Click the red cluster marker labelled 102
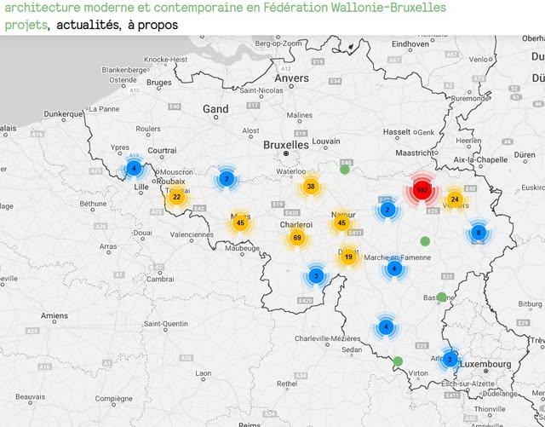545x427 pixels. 422,190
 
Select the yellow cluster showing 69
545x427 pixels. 296,238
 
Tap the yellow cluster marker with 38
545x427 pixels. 311,187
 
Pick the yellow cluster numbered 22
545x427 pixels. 176,197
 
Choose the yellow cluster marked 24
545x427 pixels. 455,199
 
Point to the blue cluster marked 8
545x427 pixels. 479,232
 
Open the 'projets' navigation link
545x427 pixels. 25,25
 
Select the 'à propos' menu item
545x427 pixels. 152,25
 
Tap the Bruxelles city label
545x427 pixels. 285,145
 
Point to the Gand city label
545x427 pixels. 215,109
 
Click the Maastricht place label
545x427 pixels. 416,153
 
